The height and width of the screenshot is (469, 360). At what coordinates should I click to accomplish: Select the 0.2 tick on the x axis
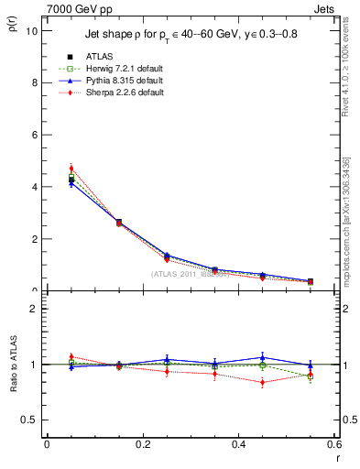pos(142,445)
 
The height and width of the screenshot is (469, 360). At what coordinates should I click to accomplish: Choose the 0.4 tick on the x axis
pos(238,445)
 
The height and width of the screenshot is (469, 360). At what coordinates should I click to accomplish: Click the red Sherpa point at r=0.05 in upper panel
pos(71,169)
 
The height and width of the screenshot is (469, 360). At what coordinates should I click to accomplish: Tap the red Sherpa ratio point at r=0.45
pos(262,382)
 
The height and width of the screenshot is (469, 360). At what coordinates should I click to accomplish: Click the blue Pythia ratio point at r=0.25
pos(167,360)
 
